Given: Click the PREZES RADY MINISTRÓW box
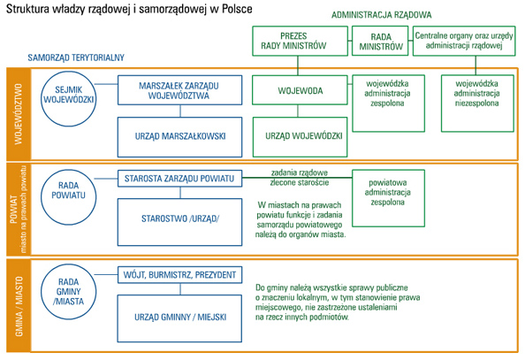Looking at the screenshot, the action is pos(300,41).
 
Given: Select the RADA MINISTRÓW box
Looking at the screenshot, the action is pos(380,41).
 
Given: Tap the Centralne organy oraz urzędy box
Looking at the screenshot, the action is pos(464,41).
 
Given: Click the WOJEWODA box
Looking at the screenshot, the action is pos(300,90).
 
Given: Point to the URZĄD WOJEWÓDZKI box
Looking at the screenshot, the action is pos(300,137).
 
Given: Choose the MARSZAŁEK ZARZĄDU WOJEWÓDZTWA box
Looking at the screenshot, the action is pos(179,90).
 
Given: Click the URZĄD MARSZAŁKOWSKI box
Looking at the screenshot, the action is pos(179,137).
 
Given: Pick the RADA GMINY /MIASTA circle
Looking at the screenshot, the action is pos(69,291).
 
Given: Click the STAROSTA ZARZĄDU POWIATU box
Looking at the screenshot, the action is pos(179,179).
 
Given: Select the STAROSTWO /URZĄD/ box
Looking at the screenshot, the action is pos(179,222).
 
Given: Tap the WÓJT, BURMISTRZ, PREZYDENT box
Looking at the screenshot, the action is pos(179,275).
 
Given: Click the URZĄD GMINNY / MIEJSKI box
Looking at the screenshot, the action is pos(179,318).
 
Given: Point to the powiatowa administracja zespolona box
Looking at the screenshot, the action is pos(388,198).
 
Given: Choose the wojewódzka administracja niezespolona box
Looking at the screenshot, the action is pos(477,103).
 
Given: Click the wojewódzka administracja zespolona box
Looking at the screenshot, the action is pos(388,103).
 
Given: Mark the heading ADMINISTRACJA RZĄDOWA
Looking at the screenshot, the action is pos(381,15).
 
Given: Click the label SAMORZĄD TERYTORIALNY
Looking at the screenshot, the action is pos(76,57).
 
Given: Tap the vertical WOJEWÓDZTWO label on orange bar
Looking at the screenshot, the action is pos(19,114).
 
